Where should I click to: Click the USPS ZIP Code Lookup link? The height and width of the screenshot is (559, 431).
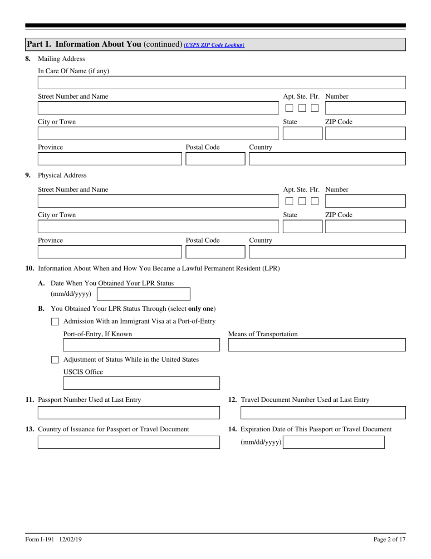214,45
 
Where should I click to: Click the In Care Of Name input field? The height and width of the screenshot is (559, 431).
221,83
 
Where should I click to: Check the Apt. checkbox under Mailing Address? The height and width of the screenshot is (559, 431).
289,108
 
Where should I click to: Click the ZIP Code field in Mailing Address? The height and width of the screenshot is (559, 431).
365,134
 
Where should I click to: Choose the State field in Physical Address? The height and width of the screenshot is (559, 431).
302,226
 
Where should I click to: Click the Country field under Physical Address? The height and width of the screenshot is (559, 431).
327,252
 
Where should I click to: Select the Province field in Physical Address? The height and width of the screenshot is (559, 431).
109,252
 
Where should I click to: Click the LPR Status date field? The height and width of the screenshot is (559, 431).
144,294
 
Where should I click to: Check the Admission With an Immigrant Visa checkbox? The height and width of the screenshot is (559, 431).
55,322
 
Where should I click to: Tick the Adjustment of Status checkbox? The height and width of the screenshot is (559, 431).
55,360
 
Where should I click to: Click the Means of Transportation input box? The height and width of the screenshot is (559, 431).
317,345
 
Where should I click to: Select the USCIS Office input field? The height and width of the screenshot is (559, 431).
141,383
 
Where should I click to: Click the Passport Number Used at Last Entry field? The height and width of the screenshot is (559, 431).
128,413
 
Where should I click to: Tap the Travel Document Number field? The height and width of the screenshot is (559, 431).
323,413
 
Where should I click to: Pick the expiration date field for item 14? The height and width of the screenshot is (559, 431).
333,442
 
